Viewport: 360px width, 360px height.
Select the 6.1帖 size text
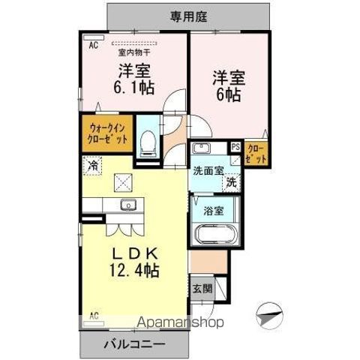tap(133, 87)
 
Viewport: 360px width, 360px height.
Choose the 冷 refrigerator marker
tap(91, 165)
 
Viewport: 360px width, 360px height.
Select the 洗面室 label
tap(207, 170)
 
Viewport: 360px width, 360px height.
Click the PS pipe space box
tap(235, 148)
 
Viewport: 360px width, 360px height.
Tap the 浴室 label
tap(214, 211)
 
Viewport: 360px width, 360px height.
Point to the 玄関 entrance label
tap(202, 288)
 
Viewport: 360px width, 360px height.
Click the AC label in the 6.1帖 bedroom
tap(94, 45)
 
